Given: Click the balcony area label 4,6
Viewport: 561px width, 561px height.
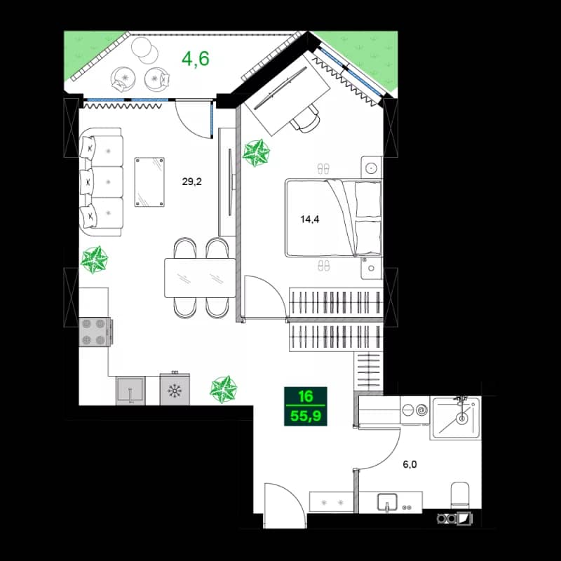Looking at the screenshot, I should [x=196, y=58].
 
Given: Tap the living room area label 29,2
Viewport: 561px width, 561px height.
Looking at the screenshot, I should [x=192, y=182].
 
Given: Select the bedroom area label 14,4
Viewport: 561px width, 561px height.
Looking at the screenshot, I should [x=311, y=217].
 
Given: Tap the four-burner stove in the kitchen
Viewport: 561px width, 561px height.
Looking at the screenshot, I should [x=95, y=331].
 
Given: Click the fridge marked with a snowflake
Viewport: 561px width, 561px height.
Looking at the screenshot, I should [x=175, y=389].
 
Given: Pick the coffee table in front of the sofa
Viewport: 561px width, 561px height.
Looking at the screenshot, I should [x=149, y=181].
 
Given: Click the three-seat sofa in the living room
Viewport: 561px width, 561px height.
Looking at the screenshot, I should [x=101, y=182].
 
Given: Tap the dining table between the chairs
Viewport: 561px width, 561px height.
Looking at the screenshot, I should [x=198, y=278].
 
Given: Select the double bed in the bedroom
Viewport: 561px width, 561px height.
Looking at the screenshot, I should [x=333, y=217].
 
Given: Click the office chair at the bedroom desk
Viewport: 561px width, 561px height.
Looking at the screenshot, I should [x=306, y=121].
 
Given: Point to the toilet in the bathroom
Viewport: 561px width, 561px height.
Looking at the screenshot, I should [x=460, y=494].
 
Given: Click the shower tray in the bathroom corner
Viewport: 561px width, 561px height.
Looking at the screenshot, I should [x=457, y=418].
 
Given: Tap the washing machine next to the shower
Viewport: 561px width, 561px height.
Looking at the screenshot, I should [x=416, y=410].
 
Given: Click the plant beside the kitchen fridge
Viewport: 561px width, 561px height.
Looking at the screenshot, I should [x=224, y=389].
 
